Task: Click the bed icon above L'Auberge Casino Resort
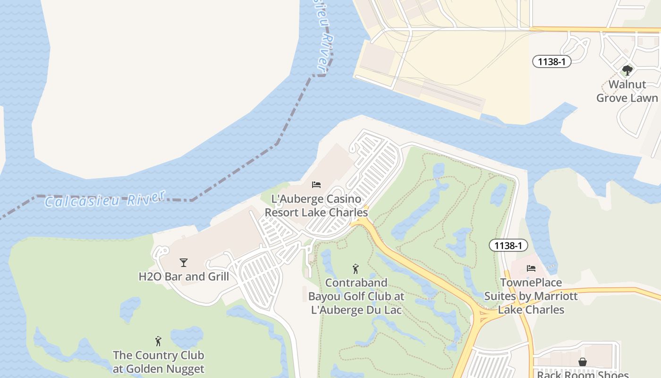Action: (316, 184)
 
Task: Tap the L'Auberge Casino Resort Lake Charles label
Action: (316, 206)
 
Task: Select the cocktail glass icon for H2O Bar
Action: (184, 263)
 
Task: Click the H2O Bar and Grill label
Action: (184, 276)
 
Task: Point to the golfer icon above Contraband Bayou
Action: (356, 269)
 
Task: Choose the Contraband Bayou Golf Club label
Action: (356, 296)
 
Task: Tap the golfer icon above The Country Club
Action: (158, 341)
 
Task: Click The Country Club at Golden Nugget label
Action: (159, 362)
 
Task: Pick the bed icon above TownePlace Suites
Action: (531, 268)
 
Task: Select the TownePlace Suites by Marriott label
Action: (531, 296)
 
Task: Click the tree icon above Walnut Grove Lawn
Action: (627, 70)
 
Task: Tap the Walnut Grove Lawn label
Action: (627, 91)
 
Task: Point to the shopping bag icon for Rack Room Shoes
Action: (583, 362)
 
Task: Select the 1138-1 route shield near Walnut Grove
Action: (551, 61)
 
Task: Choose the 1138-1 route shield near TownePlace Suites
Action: (508, 245)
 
